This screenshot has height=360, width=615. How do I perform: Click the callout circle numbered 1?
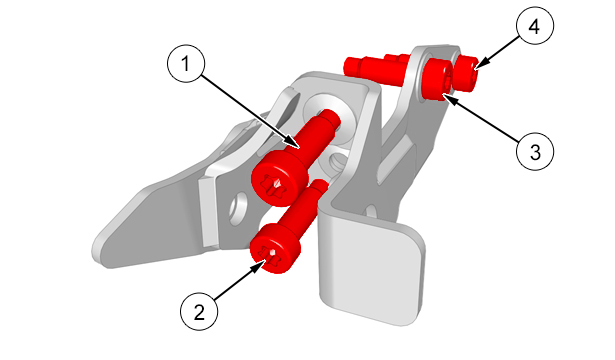point(186,63)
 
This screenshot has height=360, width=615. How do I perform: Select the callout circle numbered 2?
point(199,312)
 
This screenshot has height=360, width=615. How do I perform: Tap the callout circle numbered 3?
point(535,151)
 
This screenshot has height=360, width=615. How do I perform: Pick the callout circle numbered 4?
point(535,25)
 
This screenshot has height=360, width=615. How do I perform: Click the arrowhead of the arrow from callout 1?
point(293,143)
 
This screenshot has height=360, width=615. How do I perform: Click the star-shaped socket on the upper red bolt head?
point(276,185)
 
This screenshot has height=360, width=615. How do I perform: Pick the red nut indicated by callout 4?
point(466,73)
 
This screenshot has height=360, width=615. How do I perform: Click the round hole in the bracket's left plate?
point(238,208)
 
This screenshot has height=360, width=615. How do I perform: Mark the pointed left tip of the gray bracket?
point(96,251)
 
